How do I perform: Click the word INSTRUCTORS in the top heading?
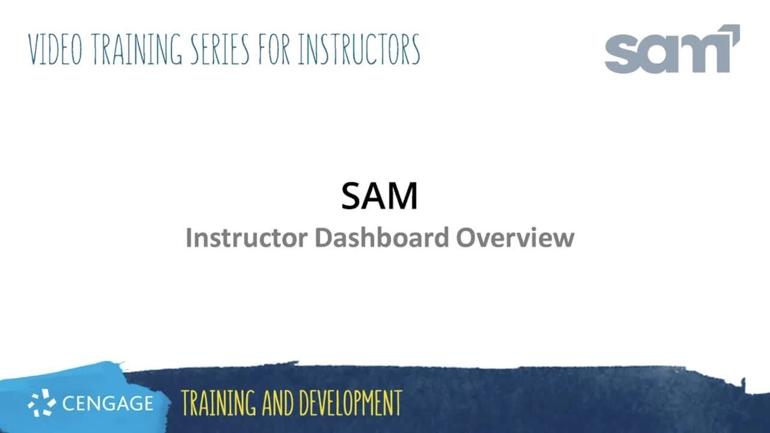[x=359, y=49]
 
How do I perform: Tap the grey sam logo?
[x=671, y=51]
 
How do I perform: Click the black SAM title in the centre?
[x=379, y=196]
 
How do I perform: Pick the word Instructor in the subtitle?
[x=247, y=238]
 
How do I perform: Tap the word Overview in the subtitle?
[x=515, y=238]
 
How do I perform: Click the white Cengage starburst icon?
[x=42, y=403]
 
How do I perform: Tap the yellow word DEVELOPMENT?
[x=349, y=403]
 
